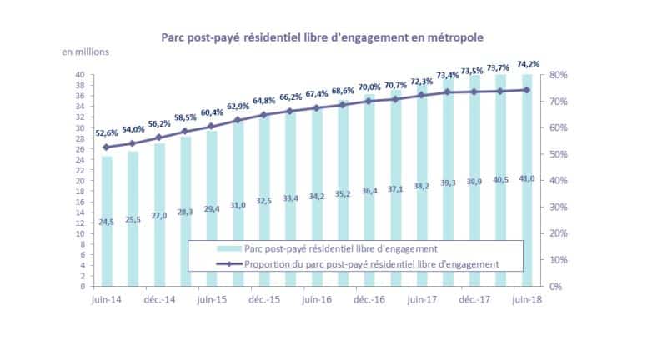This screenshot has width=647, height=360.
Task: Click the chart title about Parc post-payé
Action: click(x=322, y=38)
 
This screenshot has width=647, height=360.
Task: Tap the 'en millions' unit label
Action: click(x=85, y=52)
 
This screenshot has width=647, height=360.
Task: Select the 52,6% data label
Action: click(x=107, y=133)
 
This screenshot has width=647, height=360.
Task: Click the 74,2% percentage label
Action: click(x=528, y=64)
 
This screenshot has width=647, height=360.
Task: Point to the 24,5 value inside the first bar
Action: click(x=106, y=222)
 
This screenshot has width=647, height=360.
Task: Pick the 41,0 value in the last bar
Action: click(x=527, y=178)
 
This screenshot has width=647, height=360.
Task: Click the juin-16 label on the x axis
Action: click(x=317, y=299)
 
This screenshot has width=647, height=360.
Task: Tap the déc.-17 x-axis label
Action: click(x=474, y=299)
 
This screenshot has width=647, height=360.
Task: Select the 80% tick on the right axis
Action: click(x=558, y=75)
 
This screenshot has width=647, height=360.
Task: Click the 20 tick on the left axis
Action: click(x=80, y=181)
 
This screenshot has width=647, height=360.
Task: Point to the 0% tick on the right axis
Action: click(x=556, y=286)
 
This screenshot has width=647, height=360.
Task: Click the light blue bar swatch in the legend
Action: click(x=229, y=248)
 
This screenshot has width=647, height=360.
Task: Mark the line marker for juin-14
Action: click(x=106, y=147)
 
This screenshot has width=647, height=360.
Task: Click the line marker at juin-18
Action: click(x=527, y=90)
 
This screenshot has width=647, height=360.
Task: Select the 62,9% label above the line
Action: click(x=238, y=107)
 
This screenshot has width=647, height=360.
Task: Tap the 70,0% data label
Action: click(x=369, y=87)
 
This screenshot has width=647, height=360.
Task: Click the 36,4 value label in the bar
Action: click(x=369, y=191)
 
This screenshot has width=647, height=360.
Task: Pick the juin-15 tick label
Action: click(x=212, y=299)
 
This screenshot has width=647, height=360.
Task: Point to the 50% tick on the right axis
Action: click(x=558, y=154)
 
